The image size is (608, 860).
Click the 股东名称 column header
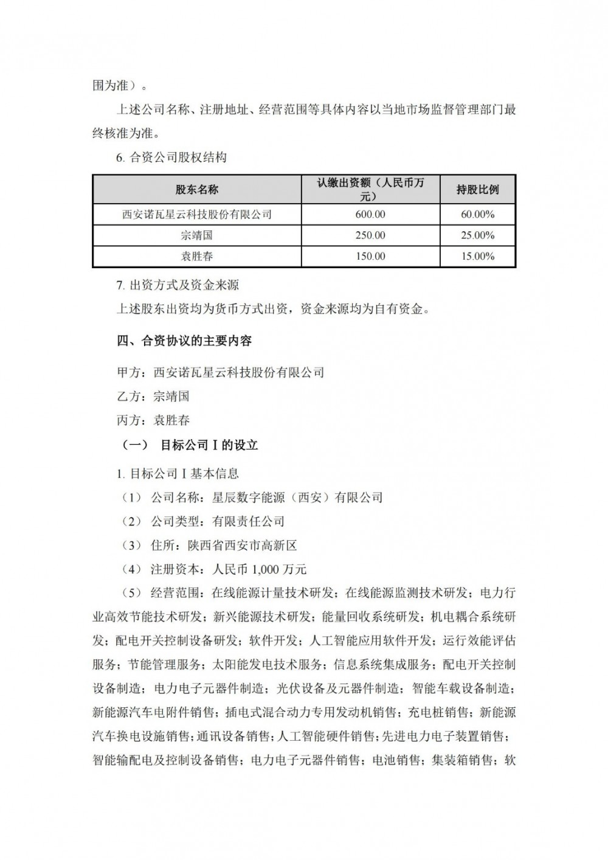196,190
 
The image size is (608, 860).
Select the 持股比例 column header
477,190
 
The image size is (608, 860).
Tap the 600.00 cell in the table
370,215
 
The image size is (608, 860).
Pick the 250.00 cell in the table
370,235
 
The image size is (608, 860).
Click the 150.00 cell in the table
370,256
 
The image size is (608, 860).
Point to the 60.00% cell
477,215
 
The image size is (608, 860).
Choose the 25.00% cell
477,235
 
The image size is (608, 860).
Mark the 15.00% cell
477,256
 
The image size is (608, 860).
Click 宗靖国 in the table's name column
196,235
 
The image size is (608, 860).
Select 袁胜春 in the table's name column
196,256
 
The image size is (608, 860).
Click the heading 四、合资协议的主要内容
184,341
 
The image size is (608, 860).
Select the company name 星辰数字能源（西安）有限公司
297,498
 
